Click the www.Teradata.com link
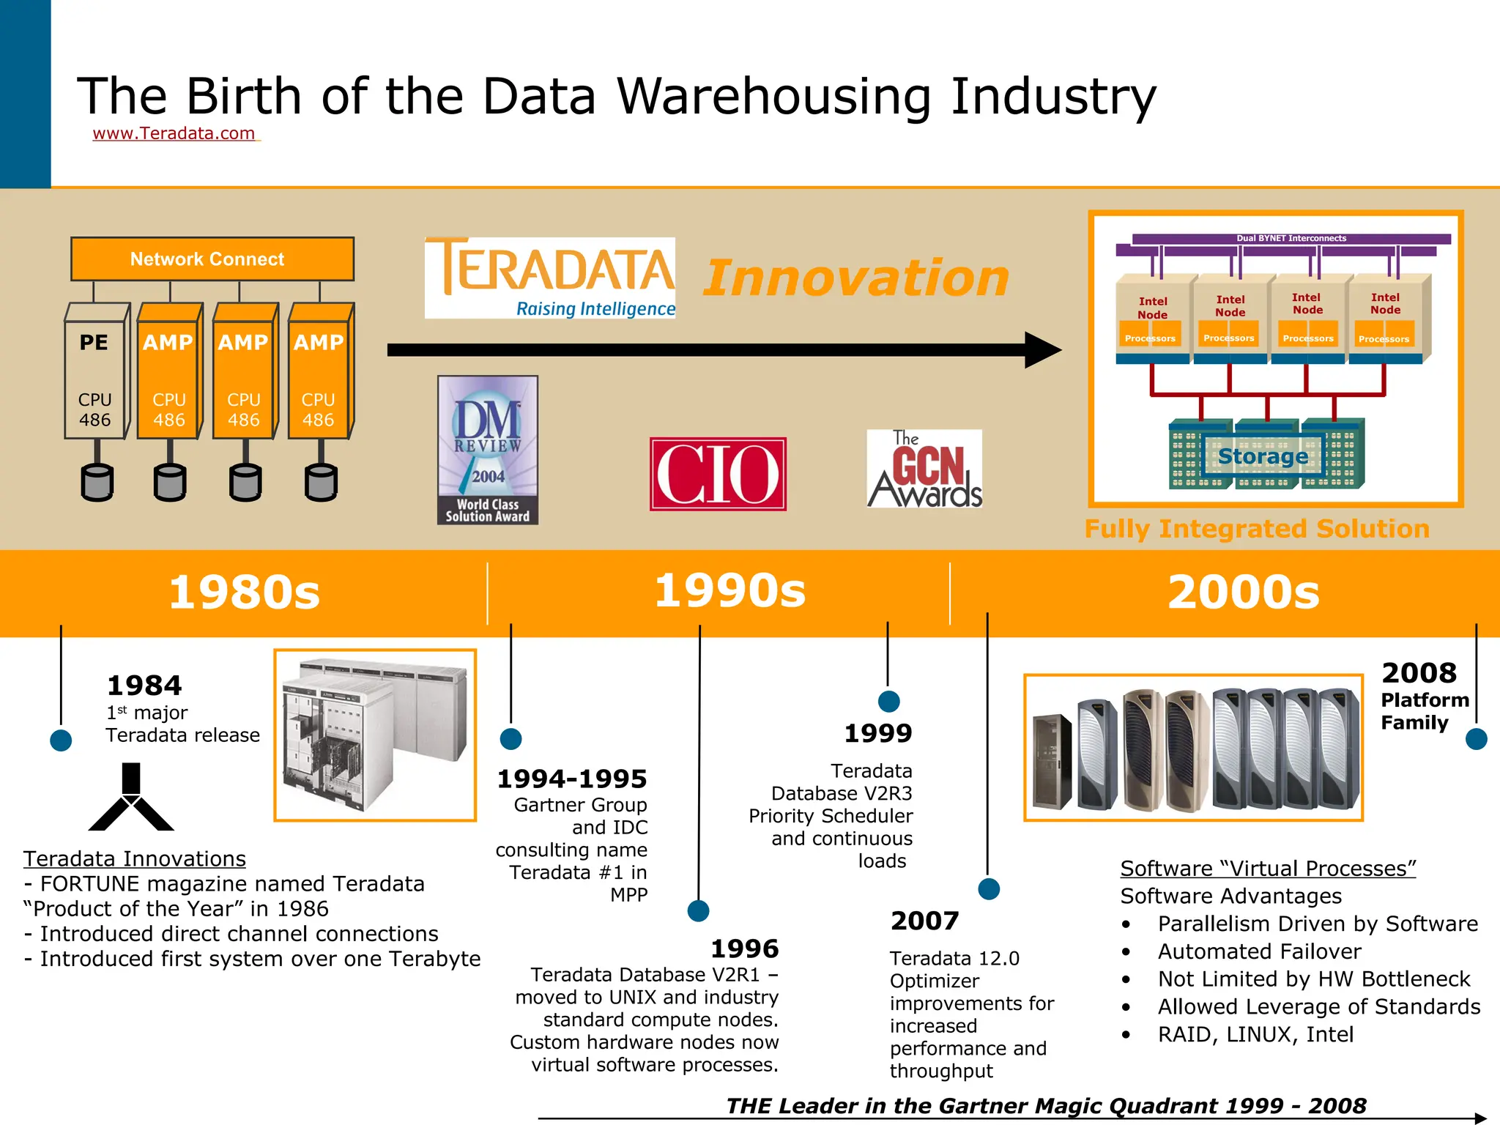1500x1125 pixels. [x=174, y=133]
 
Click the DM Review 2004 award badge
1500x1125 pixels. [x=488, y=450]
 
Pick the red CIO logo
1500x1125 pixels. [x=718, y=473]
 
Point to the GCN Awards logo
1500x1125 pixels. [x=924, y=469]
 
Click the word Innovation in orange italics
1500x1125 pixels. [x=856, y=278]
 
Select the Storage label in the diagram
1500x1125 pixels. [x=1263, y=456]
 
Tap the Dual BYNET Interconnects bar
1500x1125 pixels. [x=1291, y=239]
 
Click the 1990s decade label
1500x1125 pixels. [x=729, y=590]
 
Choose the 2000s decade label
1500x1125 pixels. [x=1243, y=592]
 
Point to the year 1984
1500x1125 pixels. [x=144, y=686]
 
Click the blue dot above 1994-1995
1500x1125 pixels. [x=510, y=738]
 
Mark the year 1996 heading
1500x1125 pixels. [x=744, y=948]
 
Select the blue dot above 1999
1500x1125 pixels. [x=888, y=701]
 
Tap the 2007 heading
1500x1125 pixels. [x=924, y=921]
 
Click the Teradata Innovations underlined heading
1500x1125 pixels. [x=134, y=858]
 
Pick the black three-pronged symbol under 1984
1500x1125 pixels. [x=131, y=798]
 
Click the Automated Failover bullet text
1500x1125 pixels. [x=1259, y=951]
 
